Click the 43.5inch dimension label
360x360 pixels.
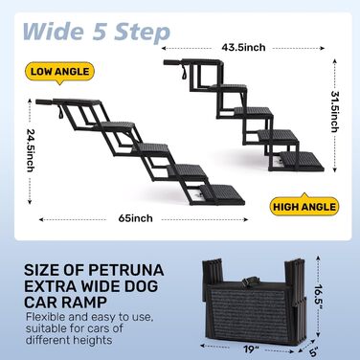point(243,48)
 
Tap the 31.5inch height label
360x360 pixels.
point(334,112)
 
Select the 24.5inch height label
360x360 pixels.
point(31,150)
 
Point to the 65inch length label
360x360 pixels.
point(135,218)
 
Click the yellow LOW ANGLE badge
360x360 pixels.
point(59,72)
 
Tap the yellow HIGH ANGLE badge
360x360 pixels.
point(304,206)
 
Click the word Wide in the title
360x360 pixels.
point(54,32)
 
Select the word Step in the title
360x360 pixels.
point(142,33)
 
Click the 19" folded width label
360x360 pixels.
point(251,349)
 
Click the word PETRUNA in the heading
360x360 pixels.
point(126,270)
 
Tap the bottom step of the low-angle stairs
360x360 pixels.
point(222,194)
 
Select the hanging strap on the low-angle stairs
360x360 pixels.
point(61,113)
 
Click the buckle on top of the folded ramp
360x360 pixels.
point(247,281)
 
